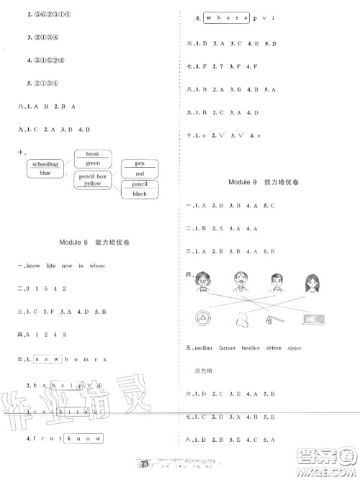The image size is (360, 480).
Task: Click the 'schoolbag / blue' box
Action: (45, 168)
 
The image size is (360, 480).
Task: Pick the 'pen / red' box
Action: (140, 168)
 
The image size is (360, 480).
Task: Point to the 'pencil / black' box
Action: (140, 189)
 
